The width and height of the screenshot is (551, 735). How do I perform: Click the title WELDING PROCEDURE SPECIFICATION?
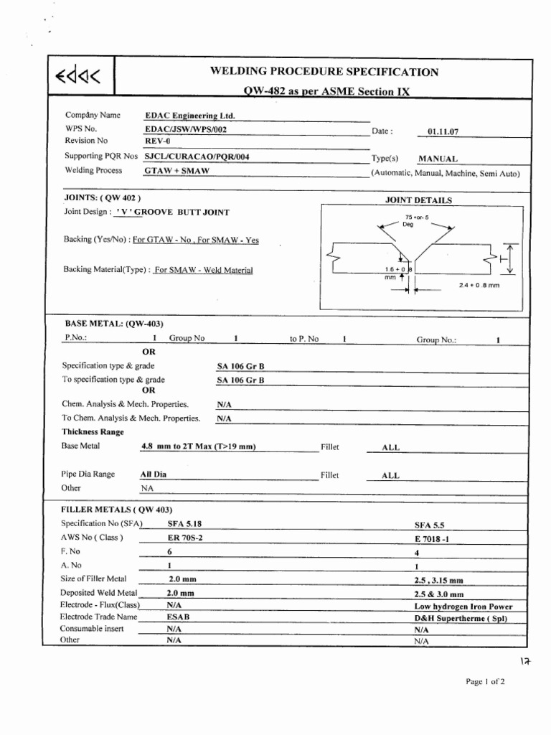(x=324, y=71)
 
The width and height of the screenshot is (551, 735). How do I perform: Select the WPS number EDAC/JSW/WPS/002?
(x=180, y=128)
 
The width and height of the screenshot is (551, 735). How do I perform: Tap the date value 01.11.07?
(x=442, y=132)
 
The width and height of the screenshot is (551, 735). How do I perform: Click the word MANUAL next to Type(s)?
(x=438, y=159)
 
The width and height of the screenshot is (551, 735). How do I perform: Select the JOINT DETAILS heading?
(x=418, y=201)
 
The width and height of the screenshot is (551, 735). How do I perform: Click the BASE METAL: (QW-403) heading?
(x=115, y=324)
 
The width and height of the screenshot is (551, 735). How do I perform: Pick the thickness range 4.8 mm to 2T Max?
(x=199, y=447)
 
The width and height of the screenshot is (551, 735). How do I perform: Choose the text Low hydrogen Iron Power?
(x=463, y=607)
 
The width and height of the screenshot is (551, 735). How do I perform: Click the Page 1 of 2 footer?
(x=485, y=682)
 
